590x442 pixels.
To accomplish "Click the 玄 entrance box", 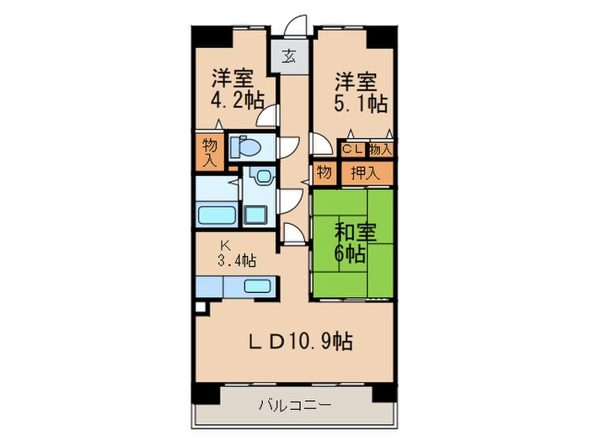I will (288, 57).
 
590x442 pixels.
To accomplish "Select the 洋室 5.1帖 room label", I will (360, 93).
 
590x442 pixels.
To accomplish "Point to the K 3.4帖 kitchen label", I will (235, 254).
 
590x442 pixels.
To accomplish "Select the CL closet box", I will (351, 149).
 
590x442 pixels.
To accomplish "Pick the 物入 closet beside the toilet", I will (209, 152).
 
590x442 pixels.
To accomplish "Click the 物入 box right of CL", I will (381, 149).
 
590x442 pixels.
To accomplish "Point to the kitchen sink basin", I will (255, 285).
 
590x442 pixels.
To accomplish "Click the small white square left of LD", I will (199, 308).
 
